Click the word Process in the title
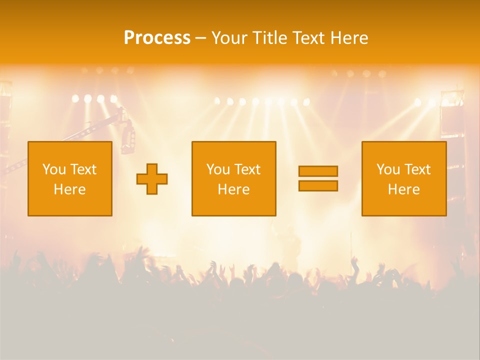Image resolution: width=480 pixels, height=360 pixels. click(x=157, y=38)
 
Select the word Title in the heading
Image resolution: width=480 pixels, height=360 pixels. click(x=270, y=38)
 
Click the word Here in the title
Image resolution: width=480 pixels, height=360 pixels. click(x=349, y=38)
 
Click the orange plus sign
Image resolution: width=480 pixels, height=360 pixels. click(x=152, y=178)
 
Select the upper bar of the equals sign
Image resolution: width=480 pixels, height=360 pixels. click(x=318, y=171)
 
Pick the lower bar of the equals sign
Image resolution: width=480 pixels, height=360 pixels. click(x=318, y=185)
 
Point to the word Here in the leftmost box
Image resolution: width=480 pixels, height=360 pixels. click(x=70, y=189)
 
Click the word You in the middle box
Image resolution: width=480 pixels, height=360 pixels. click(x=217, y=169)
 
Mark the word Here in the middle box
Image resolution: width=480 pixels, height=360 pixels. click(x=233, y=189)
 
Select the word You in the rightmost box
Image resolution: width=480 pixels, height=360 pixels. click(x=387, y=169)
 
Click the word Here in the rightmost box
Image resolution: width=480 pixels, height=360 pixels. click(x=404, y=189)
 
